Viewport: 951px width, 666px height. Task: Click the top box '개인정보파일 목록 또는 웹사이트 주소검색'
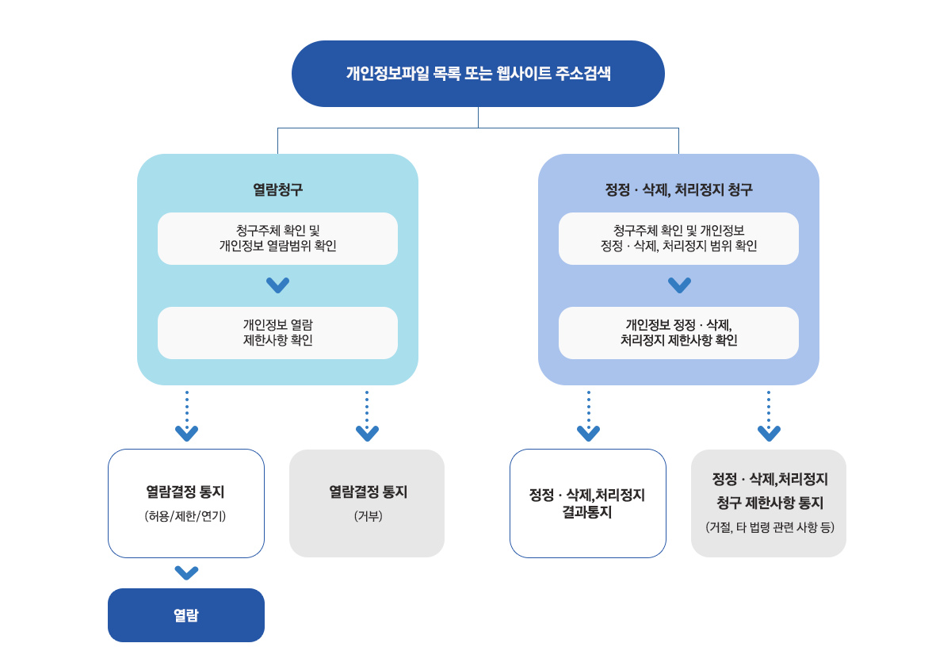(x=478, y=74)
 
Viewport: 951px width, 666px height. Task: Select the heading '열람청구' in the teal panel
(x=277, y=190)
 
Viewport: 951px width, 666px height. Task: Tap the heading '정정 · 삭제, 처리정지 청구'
(x=678, y=190)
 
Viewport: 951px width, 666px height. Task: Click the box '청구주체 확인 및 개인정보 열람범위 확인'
(x=277, y=238)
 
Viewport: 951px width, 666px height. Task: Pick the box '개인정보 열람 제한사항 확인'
(x=277, y=332)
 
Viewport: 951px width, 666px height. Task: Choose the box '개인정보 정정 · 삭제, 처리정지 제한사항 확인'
(x=678, y=332)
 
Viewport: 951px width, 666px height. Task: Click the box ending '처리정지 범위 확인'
(x=678, y=238)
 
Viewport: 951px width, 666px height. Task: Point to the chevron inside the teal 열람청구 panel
(x=277, y=285)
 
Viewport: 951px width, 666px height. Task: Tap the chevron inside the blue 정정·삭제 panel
(x=679, y=285)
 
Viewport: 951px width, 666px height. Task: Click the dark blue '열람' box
(x=186, y=615)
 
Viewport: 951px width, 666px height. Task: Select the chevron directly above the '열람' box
(x=186, y=572)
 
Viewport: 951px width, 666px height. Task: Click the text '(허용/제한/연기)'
(x=186, y=516)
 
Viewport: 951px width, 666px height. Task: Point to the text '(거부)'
(x=368, y=516)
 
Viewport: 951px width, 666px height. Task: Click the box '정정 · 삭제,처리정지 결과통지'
(x=587, y=503)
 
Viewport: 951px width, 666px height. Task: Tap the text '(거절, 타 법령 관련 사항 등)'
(x=769, y=527)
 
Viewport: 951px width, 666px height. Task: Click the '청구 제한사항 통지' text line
(x=769, y=503)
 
